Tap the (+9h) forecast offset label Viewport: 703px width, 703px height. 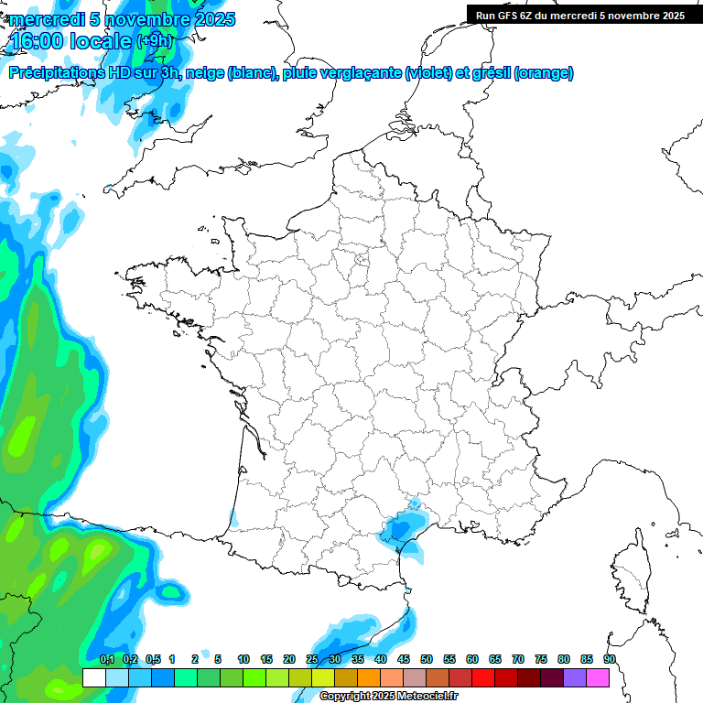[153, 40]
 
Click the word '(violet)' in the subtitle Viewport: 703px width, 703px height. [429, 73]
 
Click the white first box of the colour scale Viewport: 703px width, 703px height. [93, 678]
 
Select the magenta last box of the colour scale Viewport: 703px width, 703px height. [598, 678]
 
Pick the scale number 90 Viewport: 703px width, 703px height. [609, 659]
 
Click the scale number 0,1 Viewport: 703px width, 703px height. [107, 659]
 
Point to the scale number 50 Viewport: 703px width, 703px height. [427, 659]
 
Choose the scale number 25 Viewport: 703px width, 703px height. [312, 659]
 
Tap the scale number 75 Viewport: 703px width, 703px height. [541, 659]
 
